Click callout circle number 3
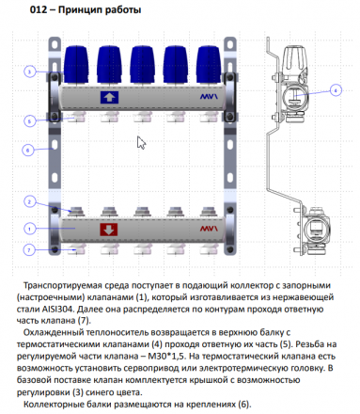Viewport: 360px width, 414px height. [x=29, y=72]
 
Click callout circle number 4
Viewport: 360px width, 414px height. [x=336, y=90]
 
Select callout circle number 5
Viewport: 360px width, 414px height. [x=29, y=121]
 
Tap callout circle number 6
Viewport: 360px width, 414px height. [x=27, y=151]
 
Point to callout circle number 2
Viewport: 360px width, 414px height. [x=29, y=201]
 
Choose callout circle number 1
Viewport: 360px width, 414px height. [x=29, y=229]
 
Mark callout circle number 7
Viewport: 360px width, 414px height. [x=29, y=250]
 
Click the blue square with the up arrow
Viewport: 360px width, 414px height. [x=109, y=97]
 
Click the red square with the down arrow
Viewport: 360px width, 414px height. [x=109, y=230]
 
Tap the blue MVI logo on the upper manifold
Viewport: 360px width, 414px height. [x=209, y=97]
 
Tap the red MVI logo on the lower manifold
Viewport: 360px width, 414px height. [x=209, y=229]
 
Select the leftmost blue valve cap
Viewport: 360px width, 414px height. [x=76, y=65]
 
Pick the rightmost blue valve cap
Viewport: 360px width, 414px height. [x=209, y=65]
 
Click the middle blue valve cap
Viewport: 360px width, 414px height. [x=143, y=65]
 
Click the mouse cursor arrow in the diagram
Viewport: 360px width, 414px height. [x=141, y=143]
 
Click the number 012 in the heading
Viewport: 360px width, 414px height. [x=39, y=9]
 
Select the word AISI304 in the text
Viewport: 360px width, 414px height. [x=58, y=309]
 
